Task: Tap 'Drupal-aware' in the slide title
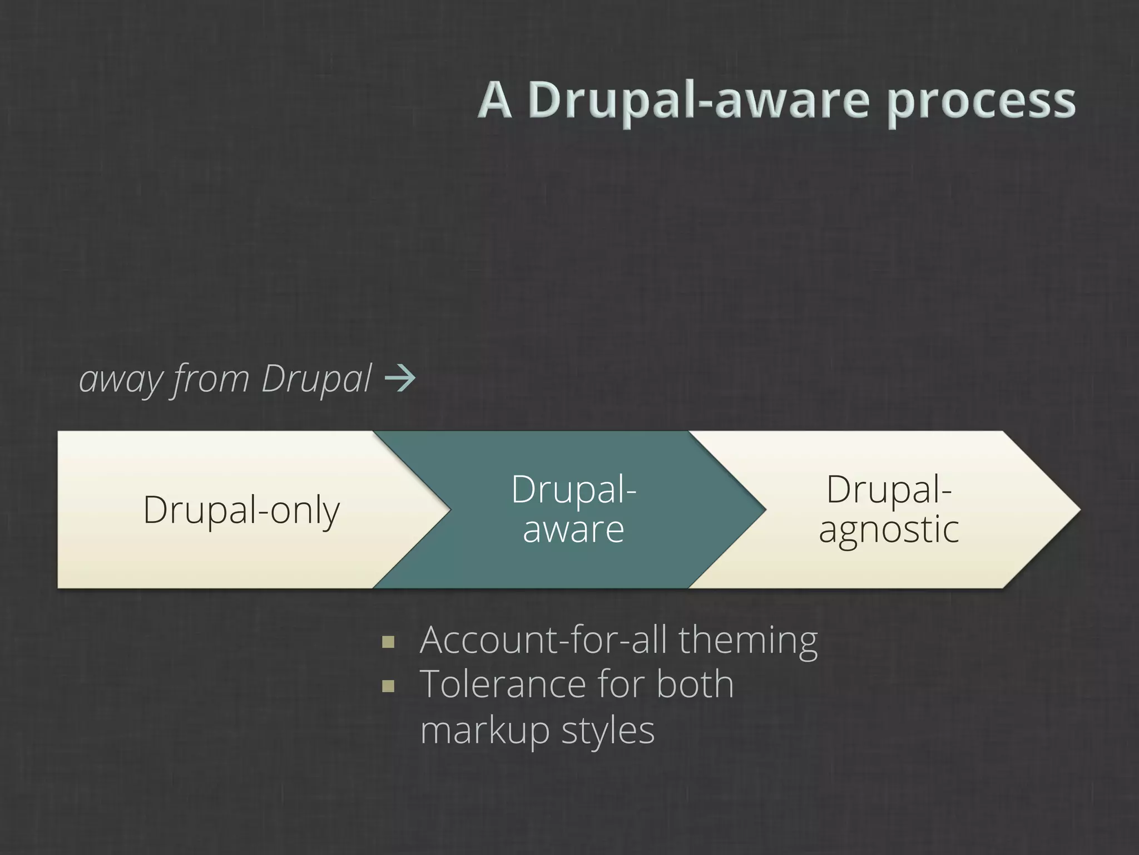click(698, 100)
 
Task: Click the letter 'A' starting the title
click(494, 100)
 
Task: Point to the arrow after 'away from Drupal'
click(400, 379)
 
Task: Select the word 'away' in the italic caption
click(119, 380)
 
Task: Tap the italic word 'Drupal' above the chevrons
click(315, 380)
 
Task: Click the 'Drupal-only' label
click(241, 509)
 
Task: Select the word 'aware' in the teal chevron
click(573, 529)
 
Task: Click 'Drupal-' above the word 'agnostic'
click(888, 489)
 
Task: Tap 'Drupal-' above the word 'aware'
click(573, 489)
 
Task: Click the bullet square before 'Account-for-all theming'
click(388, 643)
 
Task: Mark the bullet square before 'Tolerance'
click(388, 686)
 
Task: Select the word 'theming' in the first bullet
click(747, 641)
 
